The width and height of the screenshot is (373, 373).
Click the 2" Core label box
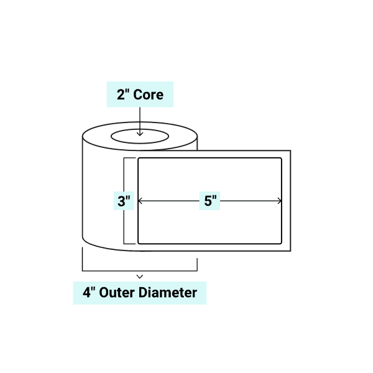(140, 94)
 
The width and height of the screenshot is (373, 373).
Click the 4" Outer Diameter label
(140, 292)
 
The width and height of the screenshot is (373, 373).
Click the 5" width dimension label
(210, 201)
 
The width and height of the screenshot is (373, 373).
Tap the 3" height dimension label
(124, 201)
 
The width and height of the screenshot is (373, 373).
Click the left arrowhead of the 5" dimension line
(140, 201)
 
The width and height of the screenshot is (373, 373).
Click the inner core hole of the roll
(140, 136)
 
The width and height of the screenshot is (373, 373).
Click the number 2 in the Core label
(121, 94)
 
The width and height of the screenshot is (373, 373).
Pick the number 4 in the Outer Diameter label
(86, 292)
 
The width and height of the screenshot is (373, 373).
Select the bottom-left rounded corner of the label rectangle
(140, 241)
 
